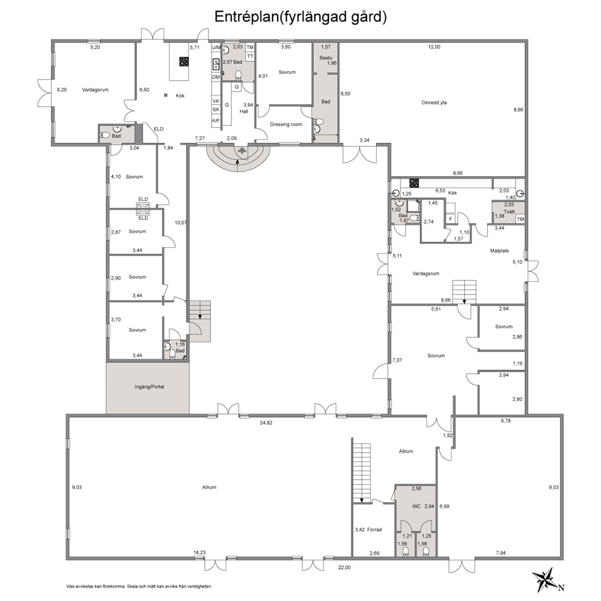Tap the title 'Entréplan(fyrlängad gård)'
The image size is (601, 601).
point(300,17)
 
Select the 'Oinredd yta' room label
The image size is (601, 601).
point(434,103)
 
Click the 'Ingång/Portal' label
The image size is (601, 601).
point(149,387)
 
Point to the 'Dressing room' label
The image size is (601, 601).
point(286,124)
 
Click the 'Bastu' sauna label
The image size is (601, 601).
point(326,58)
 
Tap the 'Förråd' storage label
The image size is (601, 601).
point(374,530)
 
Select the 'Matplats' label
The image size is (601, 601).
point(499,251)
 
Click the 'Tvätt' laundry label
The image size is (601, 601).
point(510,211)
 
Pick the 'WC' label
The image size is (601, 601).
point(417,506)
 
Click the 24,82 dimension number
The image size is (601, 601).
point(266,423)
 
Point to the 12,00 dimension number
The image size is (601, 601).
point(434,47)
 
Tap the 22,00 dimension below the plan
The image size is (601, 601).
point(344,568)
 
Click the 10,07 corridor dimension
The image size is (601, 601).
point(181,222)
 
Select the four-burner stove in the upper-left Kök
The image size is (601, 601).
point(184,61)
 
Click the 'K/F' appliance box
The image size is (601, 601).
point(216,121)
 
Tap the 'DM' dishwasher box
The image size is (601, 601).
point(216,77)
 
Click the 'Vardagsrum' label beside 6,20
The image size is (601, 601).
point(95,90)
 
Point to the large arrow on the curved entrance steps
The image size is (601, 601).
point(242,150)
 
